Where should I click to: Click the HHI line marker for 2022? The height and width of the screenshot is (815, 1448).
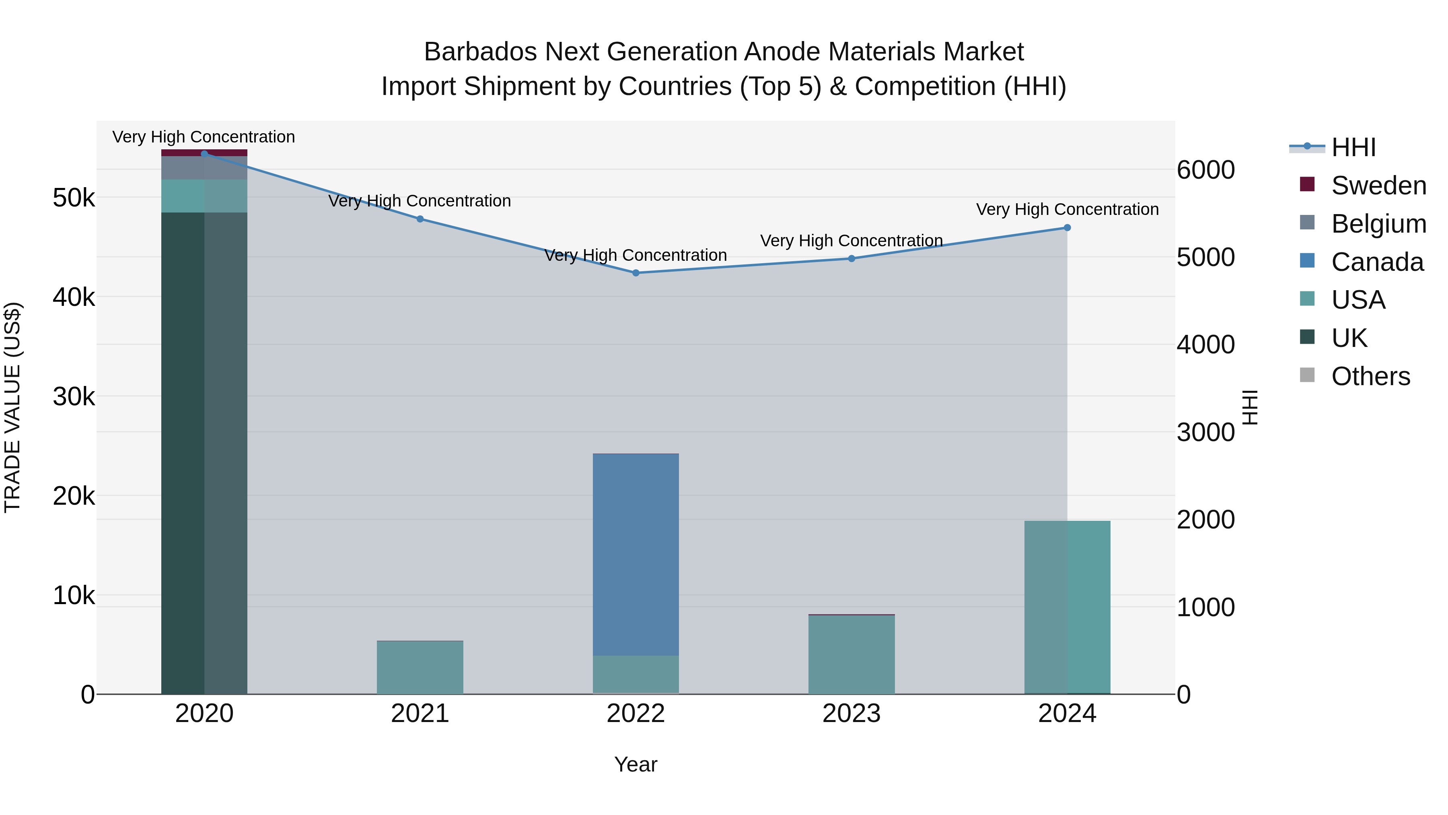point(636,273)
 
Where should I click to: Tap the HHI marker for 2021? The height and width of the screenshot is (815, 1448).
point(420,219)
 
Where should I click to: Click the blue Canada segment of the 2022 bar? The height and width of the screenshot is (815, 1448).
point(636,554)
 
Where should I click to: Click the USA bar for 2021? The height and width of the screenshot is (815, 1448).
point(420,668)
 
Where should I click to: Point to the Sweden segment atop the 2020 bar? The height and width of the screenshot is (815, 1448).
point(204,153)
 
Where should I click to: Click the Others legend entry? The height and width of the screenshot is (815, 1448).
point(1370,376)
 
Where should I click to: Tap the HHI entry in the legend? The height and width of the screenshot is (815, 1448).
point(1353,147)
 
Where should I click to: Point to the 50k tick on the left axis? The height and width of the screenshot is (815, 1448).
point(74,198)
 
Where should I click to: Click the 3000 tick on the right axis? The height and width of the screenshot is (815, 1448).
point(1205,433)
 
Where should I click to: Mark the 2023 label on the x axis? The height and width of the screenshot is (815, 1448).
point(851,714)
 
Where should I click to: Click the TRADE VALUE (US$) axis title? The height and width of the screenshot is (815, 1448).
point(12,407)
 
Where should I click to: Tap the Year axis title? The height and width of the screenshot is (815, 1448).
point(636,764)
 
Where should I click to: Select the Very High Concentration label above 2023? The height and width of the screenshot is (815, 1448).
point(851,241)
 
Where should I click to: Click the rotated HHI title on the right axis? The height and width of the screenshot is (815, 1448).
point(1250,407)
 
